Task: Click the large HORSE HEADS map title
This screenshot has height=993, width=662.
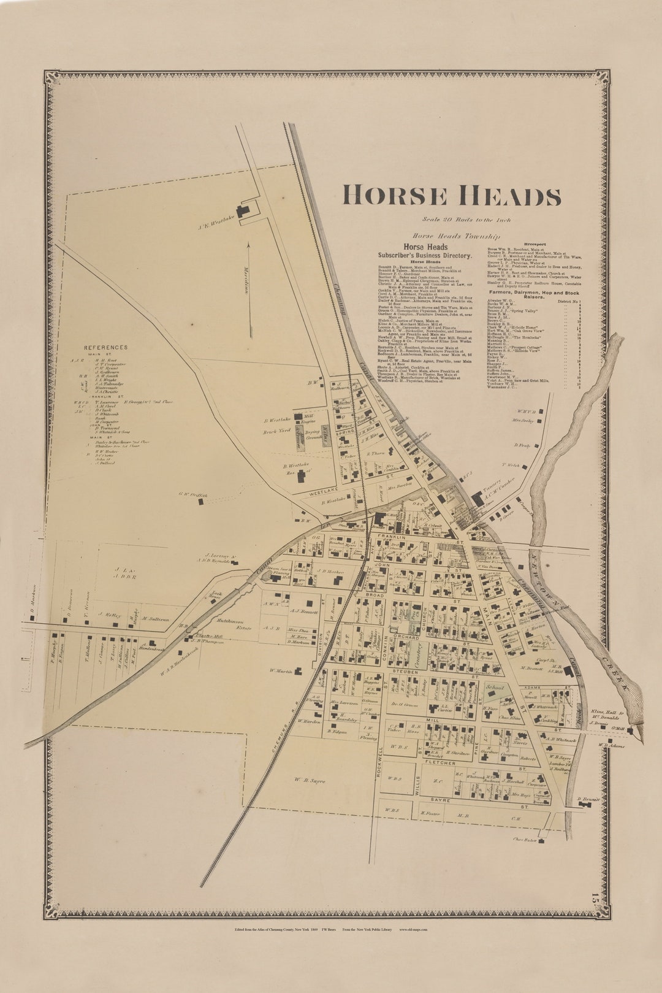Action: point(451,196)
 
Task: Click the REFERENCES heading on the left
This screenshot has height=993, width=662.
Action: point(106,347)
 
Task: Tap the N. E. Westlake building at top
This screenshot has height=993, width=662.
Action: point(243,211)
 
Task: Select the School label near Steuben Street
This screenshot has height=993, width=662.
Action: point(495,688)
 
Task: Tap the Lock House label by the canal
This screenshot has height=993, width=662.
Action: point(197,596)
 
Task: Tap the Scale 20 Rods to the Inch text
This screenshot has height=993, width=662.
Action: point(466,220)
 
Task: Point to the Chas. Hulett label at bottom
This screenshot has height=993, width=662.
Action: point(525,840)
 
